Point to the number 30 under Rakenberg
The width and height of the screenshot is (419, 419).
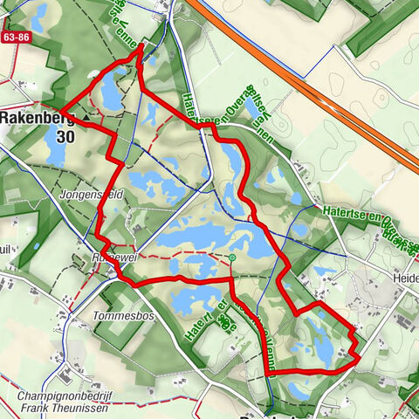coord(65,137)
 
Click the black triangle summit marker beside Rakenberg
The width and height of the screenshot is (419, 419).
coord(86,116)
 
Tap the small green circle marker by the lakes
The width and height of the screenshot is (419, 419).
coord(233,258)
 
